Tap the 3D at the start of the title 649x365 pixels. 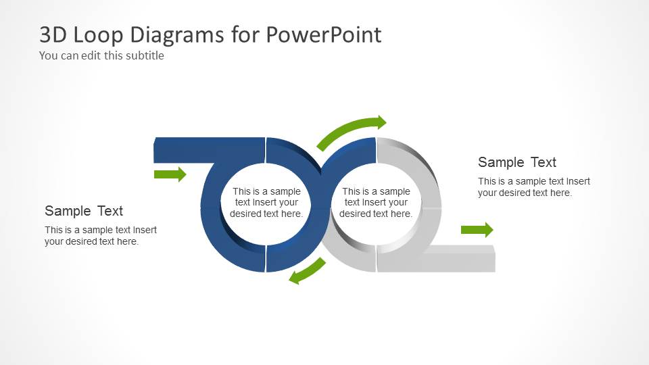55,34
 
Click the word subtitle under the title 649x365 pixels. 142,55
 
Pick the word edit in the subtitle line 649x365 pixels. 92,55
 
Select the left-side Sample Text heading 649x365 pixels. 84,211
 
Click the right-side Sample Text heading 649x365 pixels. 517,162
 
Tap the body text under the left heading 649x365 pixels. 101,236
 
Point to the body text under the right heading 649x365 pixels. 534,187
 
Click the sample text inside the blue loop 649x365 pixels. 266,203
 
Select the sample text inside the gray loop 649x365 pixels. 376,203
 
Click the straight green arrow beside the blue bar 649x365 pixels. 170,174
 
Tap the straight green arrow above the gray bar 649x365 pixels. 477,230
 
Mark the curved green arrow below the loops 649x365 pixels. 307,271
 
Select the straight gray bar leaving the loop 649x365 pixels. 460,259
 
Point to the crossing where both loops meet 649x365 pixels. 321,203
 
